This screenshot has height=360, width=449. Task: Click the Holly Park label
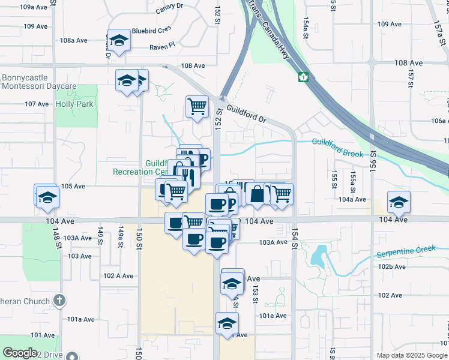tap(74, 104)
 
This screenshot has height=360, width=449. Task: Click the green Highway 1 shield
tap(304, 77)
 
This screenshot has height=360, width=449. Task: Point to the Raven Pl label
tap(162, 45)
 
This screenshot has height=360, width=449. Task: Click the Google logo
tap(20, 353)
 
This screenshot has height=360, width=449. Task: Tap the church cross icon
tap(59, 300)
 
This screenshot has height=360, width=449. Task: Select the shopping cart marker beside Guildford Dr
tap(197, 107)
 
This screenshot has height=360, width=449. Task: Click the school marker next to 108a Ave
tap(119, 40)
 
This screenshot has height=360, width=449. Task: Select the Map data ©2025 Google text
tap(411, 355)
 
